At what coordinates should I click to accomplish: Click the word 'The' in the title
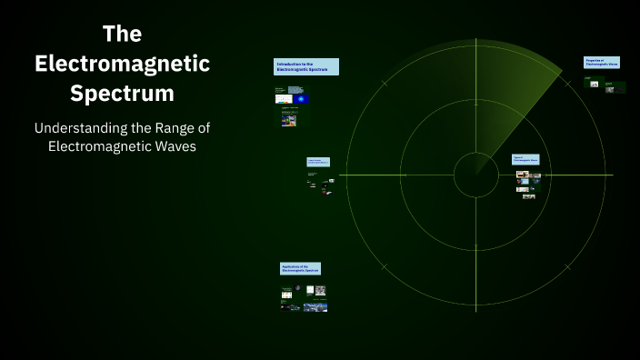click(x=122, y=35)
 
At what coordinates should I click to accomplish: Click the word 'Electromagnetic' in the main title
click(x=122, y=64)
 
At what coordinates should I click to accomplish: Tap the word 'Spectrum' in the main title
click(x=122, y=93)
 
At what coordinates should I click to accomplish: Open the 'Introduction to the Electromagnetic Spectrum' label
click(x=306, y=66)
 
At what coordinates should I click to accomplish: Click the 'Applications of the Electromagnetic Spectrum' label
click(x=300, y=268)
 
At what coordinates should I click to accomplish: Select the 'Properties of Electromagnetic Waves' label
click(x=601, y=62)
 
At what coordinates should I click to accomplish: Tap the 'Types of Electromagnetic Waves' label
click(x=525, y=158)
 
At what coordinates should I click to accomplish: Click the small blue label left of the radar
click(x=318, y=162)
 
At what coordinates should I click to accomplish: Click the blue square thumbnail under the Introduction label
click(x=299, y=97)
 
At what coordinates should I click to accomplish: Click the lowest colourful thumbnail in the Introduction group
click(x=288, y=120)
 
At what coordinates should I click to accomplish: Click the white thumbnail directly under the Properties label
click(x=594, y=85)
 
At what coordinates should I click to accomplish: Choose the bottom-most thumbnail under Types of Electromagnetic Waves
click(x=528, y=196)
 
